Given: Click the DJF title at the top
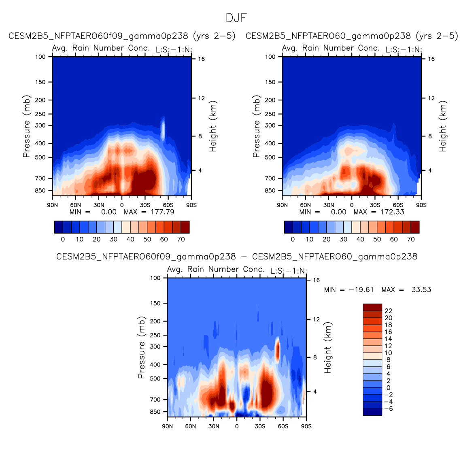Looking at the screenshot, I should [236, 18].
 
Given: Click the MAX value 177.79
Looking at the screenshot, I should [162, 212].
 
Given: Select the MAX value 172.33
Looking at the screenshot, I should [392, 212].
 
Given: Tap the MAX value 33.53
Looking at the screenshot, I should [421, 290].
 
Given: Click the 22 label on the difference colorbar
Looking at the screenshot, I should [388, 311].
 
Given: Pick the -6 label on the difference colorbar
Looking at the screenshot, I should [388, 408].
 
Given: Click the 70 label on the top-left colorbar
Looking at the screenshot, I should [181, 239].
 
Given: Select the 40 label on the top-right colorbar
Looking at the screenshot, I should [360, 239].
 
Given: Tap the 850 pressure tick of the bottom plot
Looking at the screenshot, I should [155, 412].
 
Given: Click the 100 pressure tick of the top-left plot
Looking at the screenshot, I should [40, 57].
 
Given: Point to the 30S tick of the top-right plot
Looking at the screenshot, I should [375, 205].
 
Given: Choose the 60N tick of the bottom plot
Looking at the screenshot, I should [190, 426].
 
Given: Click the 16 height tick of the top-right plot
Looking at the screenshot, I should [431, 59].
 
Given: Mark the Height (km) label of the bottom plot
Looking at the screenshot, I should [327, 347].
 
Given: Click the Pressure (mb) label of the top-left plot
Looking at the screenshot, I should [26, 126].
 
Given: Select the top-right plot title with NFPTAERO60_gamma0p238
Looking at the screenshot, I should [351, 36].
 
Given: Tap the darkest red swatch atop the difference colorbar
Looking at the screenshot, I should [372, 307].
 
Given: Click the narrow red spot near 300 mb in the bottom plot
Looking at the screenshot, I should [277, 350].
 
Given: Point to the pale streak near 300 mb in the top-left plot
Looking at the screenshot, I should [163, 129].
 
